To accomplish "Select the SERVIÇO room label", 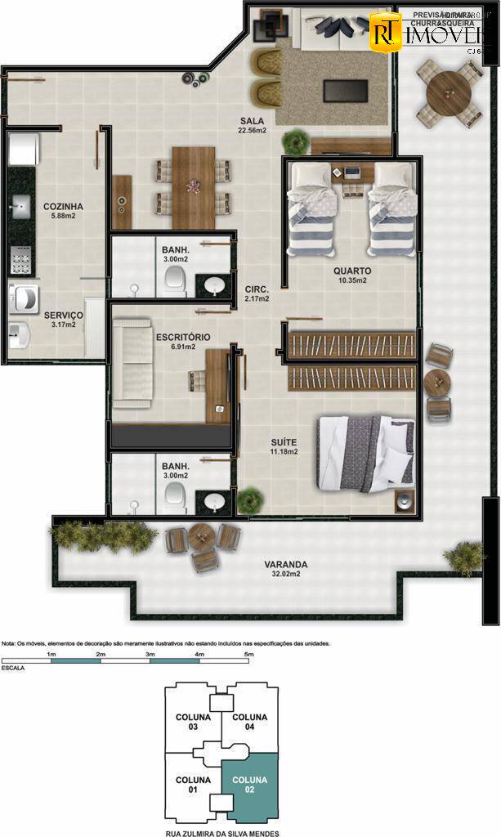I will pos(60,319).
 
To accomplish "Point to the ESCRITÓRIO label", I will pos(183,342).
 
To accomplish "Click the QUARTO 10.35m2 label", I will pos(351,275).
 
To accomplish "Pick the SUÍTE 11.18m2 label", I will pos(284,446).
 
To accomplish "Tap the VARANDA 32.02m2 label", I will pos(285,569).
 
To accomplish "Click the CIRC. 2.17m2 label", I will pos(257,293).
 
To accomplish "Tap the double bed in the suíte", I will pos(365,453).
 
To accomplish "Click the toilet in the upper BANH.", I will pos(175,283).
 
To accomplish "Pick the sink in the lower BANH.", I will pos(214,500).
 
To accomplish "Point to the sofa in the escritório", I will pos(133,363).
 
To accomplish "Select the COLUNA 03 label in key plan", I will pos(193,722).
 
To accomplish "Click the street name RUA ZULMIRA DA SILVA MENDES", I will pos(221,833).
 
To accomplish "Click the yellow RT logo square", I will pos(385,32).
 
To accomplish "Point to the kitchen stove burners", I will pos(19,262).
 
